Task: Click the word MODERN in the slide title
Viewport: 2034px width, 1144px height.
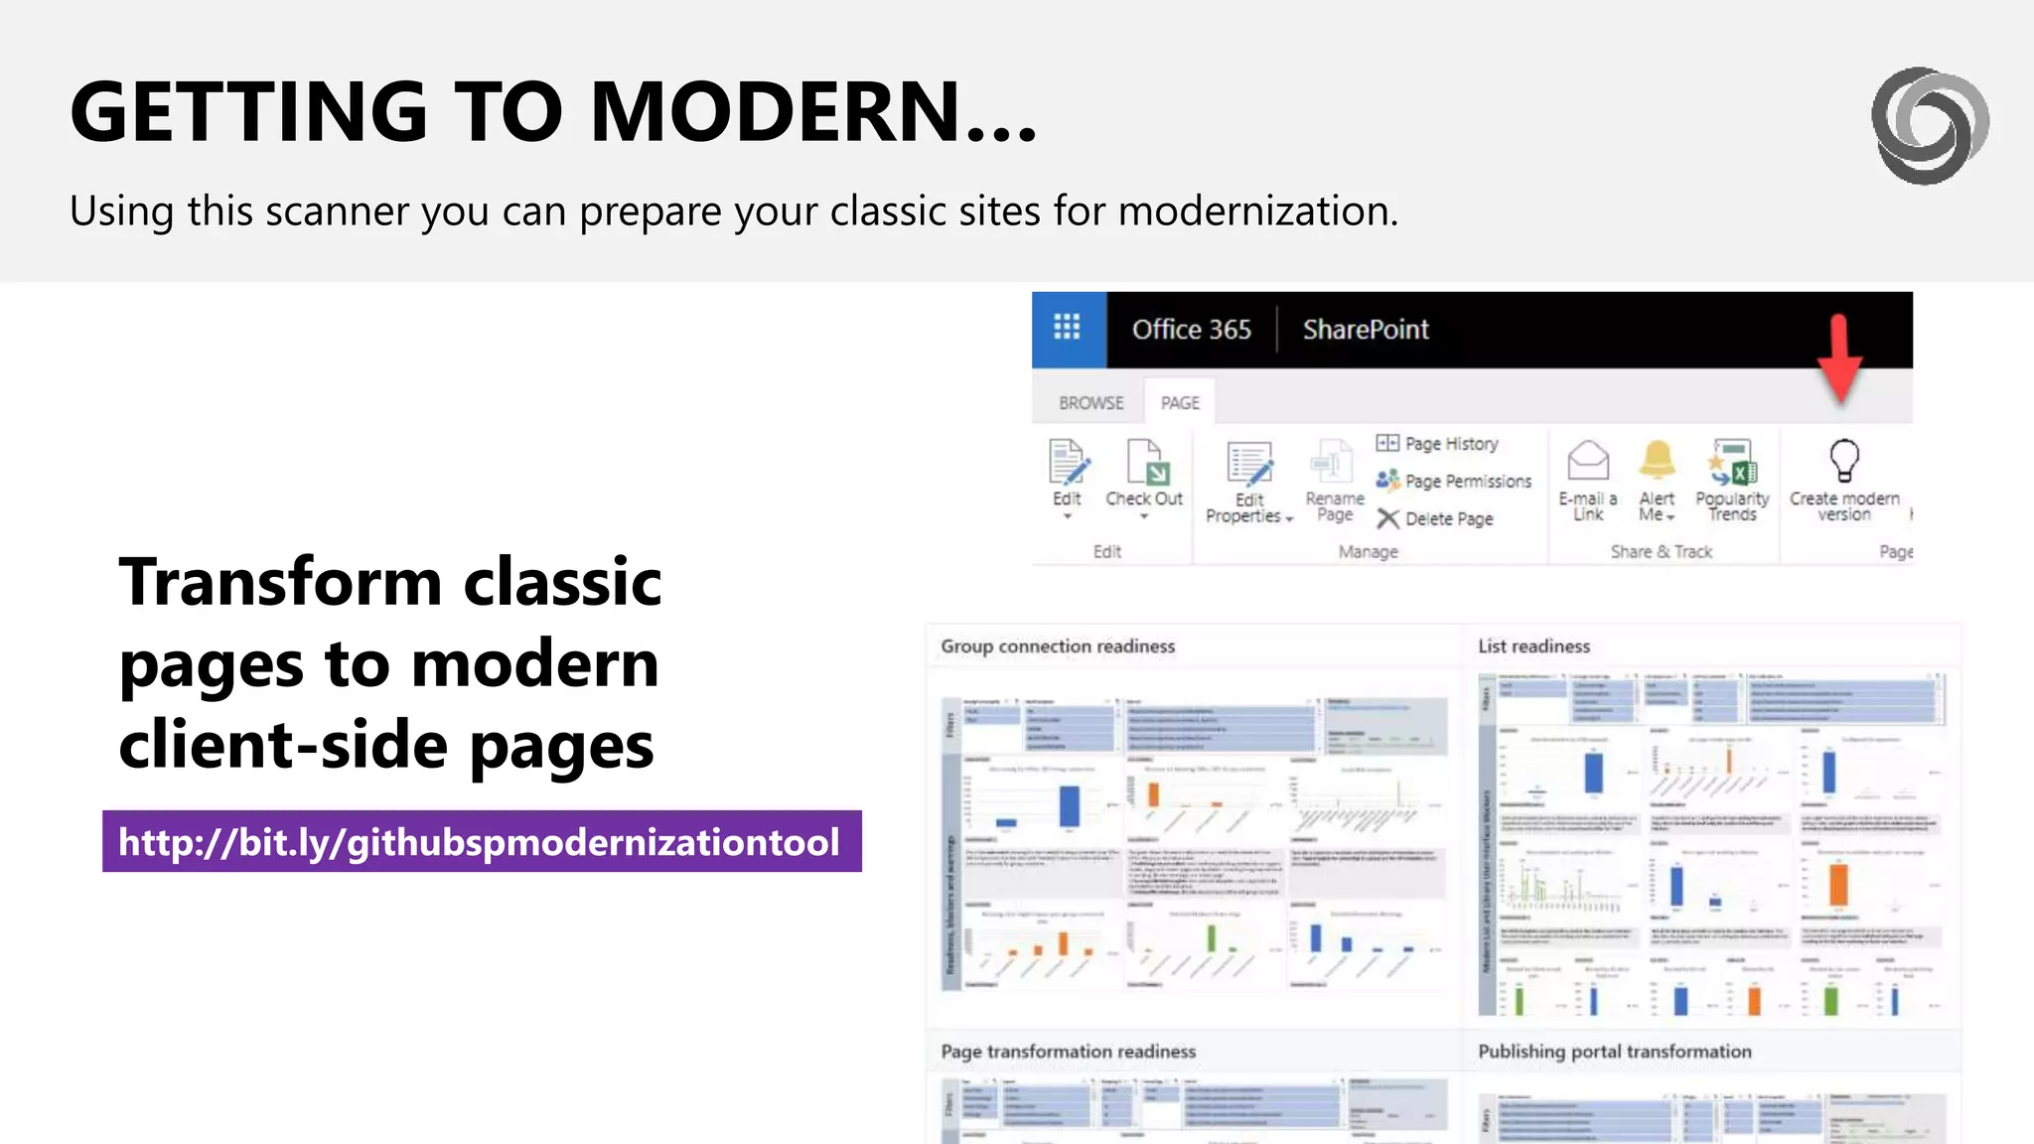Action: coord(775,111)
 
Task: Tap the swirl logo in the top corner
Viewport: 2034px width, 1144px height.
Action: coord(1929,126)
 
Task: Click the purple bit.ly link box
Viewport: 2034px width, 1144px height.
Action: coord(482,842)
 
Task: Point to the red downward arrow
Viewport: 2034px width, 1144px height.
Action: coord(1840,359)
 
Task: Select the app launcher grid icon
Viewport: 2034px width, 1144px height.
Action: coord(1068,328)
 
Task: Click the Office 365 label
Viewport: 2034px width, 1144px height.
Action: coord(1191,330)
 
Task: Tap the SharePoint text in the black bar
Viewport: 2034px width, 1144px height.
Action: coord(1366,330)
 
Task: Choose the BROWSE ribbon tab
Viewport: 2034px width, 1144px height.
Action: coord(1090,402)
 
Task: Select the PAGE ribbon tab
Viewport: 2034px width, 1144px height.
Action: coord(1180,402)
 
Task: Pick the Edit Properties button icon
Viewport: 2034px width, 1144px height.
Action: coord(1249,465)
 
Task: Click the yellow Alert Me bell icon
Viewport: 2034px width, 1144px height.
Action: coord(1657,461)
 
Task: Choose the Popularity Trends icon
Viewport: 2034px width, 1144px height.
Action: coord(1732,463)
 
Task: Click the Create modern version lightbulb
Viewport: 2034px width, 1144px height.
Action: coord(1844,461)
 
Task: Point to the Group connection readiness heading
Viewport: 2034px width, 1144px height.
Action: coord(1058,646)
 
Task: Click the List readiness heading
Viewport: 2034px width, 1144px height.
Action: coord(1533,646)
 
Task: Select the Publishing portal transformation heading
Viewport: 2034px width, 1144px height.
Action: coord(1614,1052)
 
